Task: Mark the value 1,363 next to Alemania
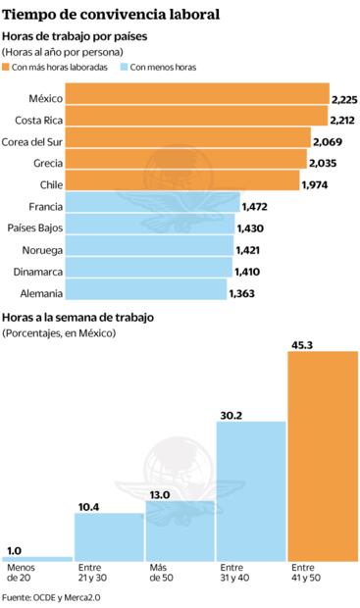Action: (245, 292)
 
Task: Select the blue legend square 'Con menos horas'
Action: (123, 67)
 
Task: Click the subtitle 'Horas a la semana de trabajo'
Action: (79, 318)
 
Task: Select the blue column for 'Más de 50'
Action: (180, 531)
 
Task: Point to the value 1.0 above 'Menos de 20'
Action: (17, 550)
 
